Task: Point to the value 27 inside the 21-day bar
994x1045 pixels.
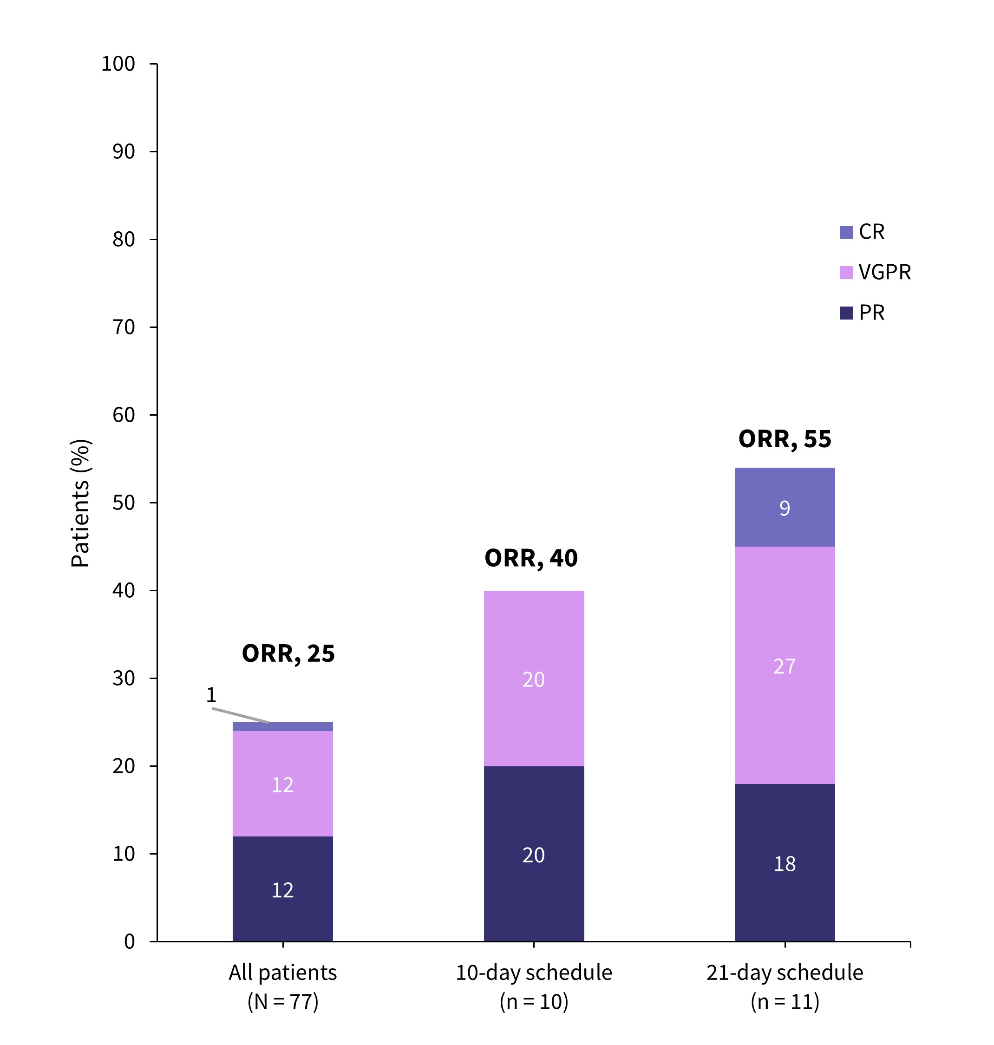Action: tap(784, 666)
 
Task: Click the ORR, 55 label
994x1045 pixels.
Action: tap(784, 439)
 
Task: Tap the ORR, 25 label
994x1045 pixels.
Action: tap(288, 653)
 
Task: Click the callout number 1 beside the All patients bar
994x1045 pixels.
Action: tap(211, 695)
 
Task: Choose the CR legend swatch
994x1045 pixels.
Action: tap(846, 232)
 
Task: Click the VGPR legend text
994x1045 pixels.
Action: tap(884, 272)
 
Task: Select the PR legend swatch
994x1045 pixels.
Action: tap(846, 313)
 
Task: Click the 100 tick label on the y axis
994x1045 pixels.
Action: tap(118, 64)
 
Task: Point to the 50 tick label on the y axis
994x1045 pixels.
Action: tap(124, 503)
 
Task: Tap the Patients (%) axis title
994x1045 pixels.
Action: tap(80, 503)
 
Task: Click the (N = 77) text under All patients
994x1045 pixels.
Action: tap(282, 1002)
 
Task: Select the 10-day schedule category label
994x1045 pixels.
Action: tap(534, 973)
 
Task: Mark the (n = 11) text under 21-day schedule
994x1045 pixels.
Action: tap(784, 1002)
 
